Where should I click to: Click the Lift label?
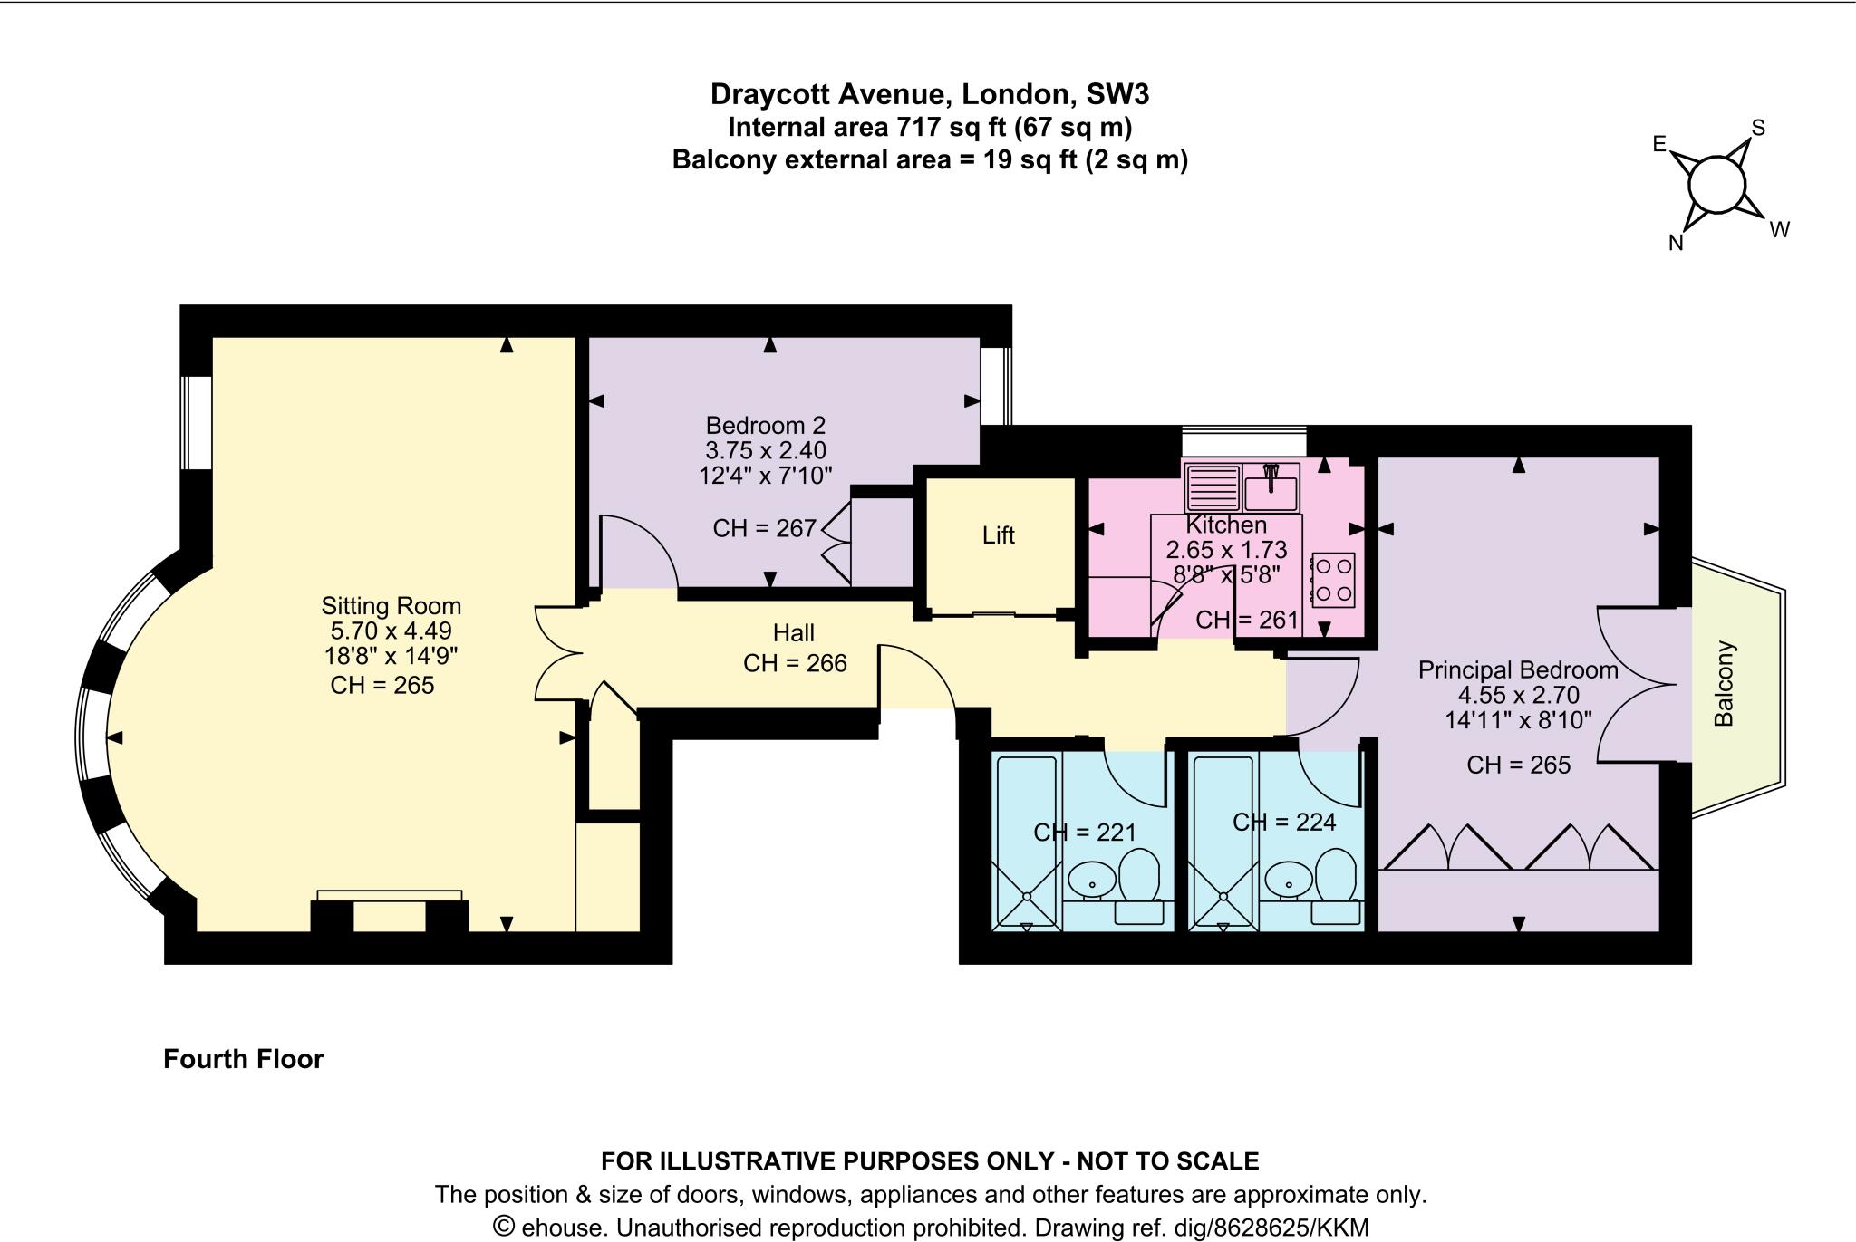(998, 535)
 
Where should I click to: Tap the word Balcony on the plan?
(1724, 684)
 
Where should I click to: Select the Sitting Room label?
(391, 606)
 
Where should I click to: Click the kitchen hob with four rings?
(1333, 580)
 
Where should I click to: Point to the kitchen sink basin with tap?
(1271, 488)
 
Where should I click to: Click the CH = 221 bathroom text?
(1085, 832)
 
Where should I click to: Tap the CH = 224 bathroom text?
(1284, 822)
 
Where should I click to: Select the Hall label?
(793, 632)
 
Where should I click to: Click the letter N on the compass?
(1676, 243)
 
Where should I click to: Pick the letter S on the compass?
(1757, 128)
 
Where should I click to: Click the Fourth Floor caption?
(243, 1059)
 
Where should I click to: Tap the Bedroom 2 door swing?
(637, 551)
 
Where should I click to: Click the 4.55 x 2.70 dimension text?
(1518, 695)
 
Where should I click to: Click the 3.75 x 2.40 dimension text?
(766, 450)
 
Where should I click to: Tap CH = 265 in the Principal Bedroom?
(1518, 765)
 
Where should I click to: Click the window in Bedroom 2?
(996, 386)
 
